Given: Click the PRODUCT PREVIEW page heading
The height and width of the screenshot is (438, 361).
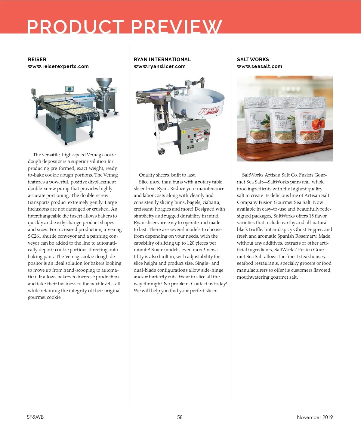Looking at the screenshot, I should [124, 27].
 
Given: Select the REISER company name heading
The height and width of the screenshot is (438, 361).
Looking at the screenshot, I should [37, 59].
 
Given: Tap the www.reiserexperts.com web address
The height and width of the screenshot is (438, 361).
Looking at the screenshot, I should [58, 66].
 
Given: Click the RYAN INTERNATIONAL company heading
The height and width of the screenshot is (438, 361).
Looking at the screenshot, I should [162, 59].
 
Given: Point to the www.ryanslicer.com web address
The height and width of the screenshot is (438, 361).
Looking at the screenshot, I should [160, 66].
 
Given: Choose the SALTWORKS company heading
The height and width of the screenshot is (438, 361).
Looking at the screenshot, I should [253, 59].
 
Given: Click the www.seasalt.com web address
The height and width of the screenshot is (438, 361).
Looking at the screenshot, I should [260, 66].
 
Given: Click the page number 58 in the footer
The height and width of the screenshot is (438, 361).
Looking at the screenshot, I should [180, 417].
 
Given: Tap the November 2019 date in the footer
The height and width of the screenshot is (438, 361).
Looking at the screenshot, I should [315, 417].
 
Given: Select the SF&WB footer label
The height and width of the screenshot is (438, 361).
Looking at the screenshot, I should [35, 417].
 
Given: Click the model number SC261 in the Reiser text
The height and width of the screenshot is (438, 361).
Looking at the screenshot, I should [34, 236].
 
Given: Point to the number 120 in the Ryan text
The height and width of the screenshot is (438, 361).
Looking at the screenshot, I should [190, 243].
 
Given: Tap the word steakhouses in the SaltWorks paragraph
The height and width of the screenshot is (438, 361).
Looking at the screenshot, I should [311, 257].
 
